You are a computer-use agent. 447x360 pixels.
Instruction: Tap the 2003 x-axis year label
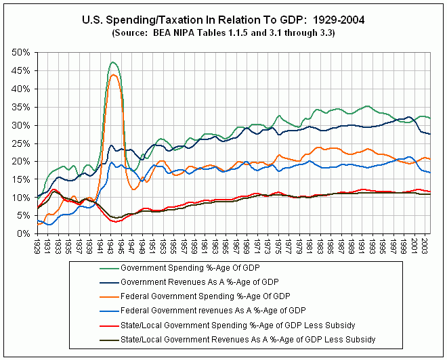(425, 246)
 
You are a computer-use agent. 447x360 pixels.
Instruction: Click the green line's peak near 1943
(113, 62)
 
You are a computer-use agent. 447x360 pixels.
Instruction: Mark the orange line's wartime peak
(114, 74)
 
